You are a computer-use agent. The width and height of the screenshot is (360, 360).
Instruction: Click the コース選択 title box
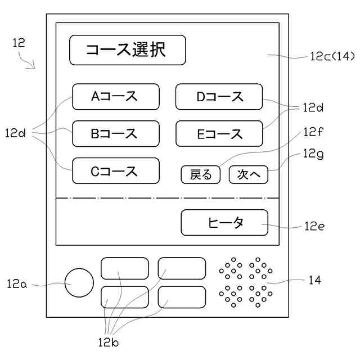tap(127, 51)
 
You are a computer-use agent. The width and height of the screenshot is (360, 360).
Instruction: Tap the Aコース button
tap(116, 97)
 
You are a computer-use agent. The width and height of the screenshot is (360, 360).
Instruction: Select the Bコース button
tap(116, 134)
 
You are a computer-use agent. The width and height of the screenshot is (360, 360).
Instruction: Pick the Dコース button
tap(219, 97)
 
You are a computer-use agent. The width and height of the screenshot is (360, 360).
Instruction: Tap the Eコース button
tap(219, 134)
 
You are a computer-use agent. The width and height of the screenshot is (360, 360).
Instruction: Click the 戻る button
tap(200, 175)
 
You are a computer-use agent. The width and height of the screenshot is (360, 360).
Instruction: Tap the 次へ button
tap(249, 175)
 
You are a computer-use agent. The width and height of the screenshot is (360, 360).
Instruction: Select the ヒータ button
tap(224, 223)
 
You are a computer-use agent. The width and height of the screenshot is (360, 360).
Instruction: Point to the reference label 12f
tap(314, 133)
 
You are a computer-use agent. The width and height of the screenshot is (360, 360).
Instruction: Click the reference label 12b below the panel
tap(107, 341)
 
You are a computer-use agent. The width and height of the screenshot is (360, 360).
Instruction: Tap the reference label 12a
tap(17, 284)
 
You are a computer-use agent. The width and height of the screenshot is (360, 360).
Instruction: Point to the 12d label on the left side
tap(16, 133)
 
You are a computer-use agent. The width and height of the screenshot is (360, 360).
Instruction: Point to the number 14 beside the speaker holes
tap(314, 280)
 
